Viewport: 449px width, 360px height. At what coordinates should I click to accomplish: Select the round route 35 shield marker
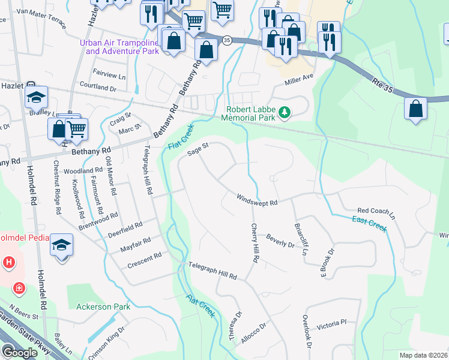(x=226, y=40)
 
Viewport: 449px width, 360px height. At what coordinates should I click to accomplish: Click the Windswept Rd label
(x=256, y=201)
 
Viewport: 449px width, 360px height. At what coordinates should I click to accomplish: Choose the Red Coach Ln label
(x=376, y=211)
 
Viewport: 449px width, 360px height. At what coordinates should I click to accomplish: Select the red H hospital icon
(x=8, y=262)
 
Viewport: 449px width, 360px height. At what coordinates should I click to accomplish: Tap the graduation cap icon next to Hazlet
(x=37, y=97)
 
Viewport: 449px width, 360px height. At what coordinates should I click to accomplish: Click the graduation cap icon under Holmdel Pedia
(x=62, y=245)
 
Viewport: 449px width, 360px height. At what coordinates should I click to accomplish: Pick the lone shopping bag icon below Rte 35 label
(x=415, y=109)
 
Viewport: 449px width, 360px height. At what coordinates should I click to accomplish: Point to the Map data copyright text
(x=423, y=355)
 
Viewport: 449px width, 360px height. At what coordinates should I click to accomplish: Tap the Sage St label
(x=197, y=149)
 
